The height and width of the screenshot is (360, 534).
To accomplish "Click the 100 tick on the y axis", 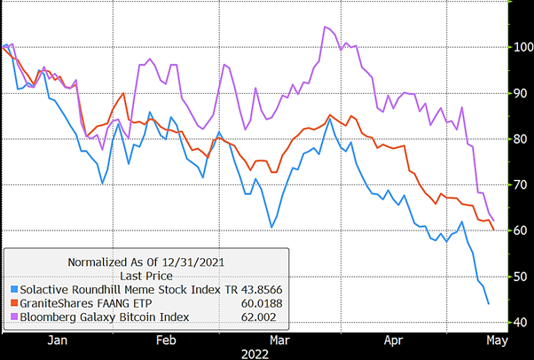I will tap(520, 47).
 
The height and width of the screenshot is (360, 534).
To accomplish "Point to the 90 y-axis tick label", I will tap(520, 93).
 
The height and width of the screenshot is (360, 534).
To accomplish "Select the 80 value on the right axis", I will tap(520, 139).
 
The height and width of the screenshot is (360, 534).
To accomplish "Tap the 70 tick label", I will tap(520, 185).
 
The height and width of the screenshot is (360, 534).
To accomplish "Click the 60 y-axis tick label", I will tap(520, 231).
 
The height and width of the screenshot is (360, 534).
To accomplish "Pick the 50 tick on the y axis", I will tap(520, 277).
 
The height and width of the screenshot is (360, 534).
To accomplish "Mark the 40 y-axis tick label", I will tap(520, 322).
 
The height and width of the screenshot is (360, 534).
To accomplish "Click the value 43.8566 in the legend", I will tap(253, 289).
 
